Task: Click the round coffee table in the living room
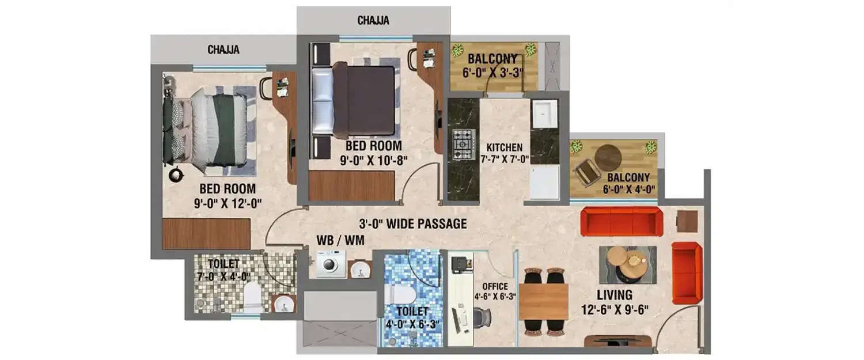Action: [x=628, y=262]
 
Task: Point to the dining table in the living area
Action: [x=543, y=301]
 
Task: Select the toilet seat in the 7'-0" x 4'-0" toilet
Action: [x=252, y=298]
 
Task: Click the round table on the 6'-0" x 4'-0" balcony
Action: [x=608, y=157]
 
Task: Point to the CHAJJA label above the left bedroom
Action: [x=223, y=50]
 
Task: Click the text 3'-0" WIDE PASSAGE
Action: [x=412, y=224]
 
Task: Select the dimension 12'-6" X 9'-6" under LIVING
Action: [x=615, y=309]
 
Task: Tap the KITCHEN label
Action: [x=504, y=147]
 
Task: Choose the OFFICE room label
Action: [x=495, y=286]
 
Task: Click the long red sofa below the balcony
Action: [x=621, y=221]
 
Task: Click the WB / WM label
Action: [x=340, y=240]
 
